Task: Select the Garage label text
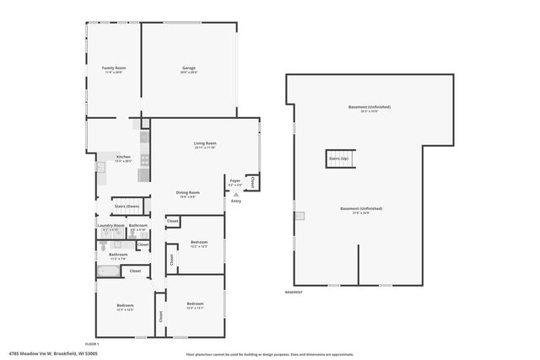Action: [x=189, y=68]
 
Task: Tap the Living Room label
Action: [x=205, y=144]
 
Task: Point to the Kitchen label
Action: [x=123, y=157]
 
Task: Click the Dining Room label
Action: [x=187, y=193]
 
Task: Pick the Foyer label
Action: [x=235, y=180]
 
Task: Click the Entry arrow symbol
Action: [x=235, y=194]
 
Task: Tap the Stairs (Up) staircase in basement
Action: [x=337, y=159]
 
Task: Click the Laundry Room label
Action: [x=111, y=226]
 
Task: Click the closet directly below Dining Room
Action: [x=173, y=221]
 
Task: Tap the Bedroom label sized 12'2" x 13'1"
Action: [x=195, y=304]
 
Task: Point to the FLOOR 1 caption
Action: [x=92, y=344]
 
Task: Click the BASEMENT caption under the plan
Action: [x=294, y=292]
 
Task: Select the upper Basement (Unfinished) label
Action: [x=370, y=107]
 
